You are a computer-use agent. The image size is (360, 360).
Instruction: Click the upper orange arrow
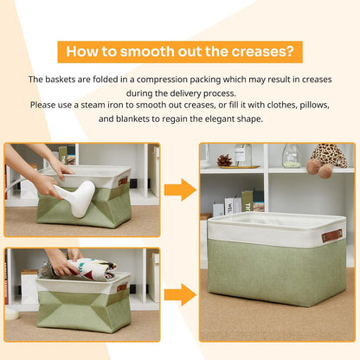(x=179, y=190)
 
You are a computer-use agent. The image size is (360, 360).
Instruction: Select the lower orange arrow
(x=179, y=292)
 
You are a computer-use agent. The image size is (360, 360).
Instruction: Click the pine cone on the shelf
(x=224, y=160)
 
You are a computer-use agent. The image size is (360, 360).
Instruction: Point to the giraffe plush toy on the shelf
(x=328, y=158)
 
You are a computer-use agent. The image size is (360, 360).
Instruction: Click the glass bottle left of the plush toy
(x=292, y=156)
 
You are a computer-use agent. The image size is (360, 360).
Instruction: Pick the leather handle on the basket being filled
(x=122, y=287)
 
